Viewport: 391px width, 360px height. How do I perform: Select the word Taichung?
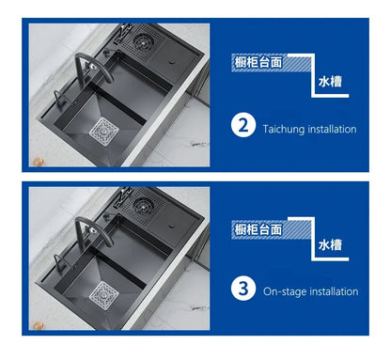click(283, 129)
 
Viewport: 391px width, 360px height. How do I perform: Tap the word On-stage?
click(285, 292)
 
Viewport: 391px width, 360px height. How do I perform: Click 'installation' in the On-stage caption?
click(334, 292)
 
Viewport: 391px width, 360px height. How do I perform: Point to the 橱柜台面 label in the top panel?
click(258, 64)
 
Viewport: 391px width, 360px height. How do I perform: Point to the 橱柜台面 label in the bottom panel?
click(258, 227)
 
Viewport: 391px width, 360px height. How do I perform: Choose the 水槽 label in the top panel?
click(328, 82)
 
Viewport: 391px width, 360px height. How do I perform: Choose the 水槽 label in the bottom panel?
click(328, 245)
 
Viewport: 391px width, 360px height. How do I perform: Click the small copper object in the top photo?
click(40, 163)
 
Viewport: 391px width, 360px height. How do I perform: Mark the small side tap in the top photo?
click(57, 96)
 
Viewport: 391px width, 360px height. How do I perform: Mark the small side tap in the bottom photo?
click(57, 260)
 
